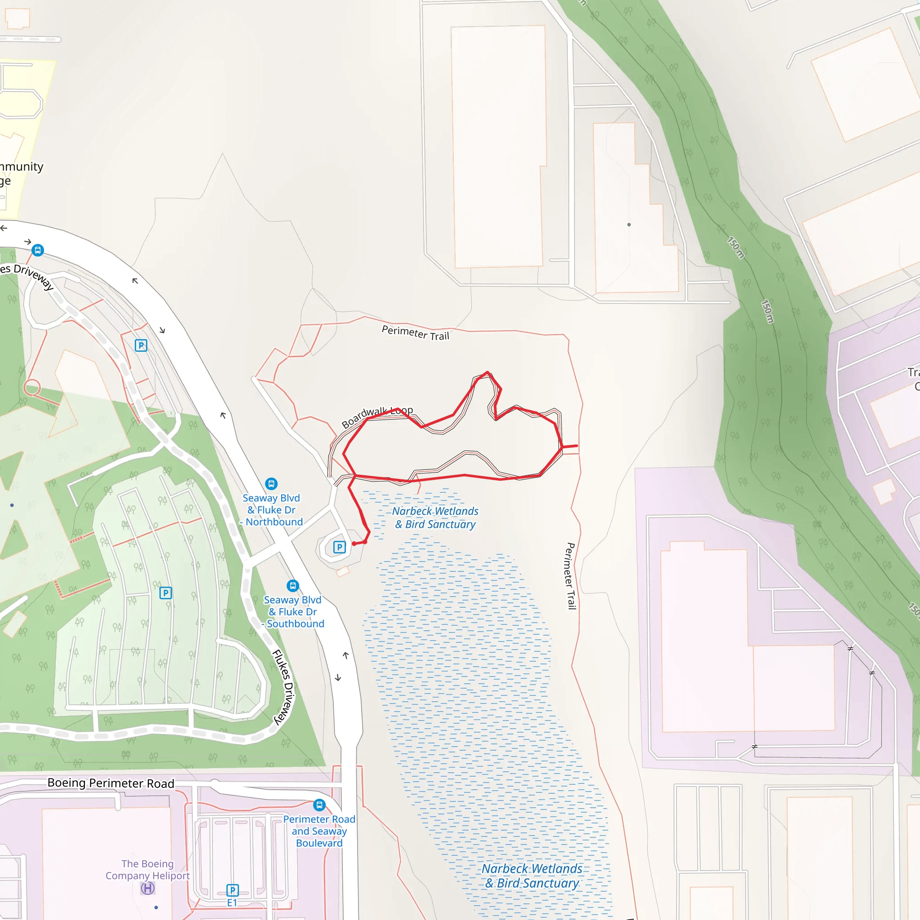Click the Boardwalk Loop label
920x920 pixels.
[x=377, y=417]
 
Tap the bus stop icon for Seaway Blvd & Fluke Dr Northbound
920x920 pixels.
[x=271, y=484]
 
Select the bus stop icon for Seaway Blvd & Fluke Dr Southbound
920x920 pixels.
[x=292, y=586]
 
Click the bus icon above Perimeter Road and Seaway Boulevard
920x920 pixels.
[x=319, y=805]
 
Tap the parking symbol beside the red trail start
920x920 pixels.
[x=339, y=547]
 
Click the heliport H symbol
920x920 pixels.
[x=148, y=888]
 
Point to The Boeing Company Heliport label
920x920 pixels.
[x=148, y=870]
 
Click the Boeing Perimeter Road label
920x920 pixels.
[x=111, y=783]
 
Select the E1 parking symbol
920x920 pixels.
[x=232, y=890]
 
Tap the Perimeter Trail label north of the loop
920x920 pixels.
[x=415, y=333]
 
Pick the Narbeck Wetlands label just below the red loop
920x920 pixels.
[x=435, y=517]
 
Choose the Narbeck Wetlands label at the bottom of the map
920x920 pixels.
[x=532, y=876]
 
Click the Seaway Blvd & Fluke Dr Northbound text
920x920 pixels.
[x=271, y=510]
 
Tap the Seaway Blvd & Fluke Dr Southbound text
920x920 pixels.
[x=293, y=612]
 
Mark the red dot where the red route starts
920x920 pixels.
[x=354, y=544]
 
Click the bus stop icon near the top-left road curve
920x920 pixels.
[x=38, y=250]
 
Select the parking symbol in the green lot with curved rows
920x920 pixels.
[x=165, y=593]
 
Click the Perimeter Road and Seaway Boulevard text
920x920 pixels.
[x=319, y=831]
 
